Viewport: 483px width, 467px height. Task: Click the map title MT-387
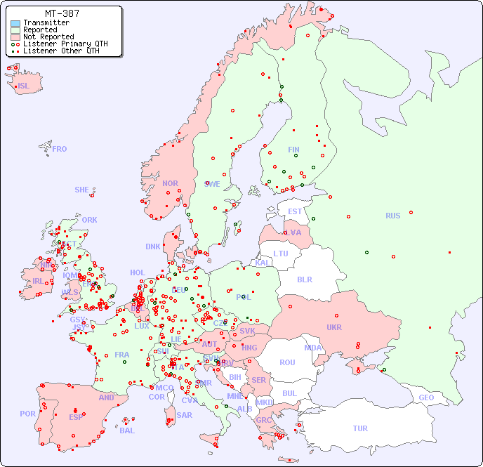[62, 13]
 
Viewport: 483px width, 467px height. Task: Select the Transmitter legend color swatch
[15, 23]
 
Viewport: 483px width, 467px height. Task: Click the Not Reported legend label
[48, 37]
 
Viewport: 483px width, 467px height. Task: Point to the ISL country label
[24, 86]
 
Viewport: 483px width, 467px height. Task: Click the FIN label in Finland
[293, 150]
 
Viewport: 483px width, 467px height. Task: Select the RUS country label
[392, 216]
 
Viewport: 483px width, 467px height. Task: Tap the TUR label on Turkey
[360, 428]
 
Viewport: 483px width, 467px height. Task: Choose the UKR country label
[333, 327]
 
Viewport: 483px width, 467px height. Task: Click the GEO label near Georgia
[426, 397]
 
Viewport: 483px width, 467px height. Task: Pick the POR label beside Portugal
[27, 414]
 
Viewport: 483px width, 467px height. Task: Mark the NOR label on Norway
[170, 183]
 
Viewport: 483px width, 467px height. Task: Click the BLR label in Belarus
[304, 279]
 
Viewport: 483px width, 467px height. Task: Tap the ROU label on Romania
[287, 362]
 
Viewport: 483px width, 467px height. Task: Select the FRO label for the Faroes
[60, 149]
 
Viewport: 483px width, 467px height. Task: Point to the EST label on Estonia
[295, 211]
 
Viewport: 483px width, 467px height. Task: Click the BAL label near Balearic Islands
[126, 430]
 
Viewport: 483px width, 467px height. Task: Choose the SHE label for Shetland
[82, 190]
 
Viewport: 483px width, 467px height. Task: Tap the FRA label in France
[122, 355]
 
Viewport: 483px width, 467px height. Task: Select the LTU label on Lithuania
[281, 254]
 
